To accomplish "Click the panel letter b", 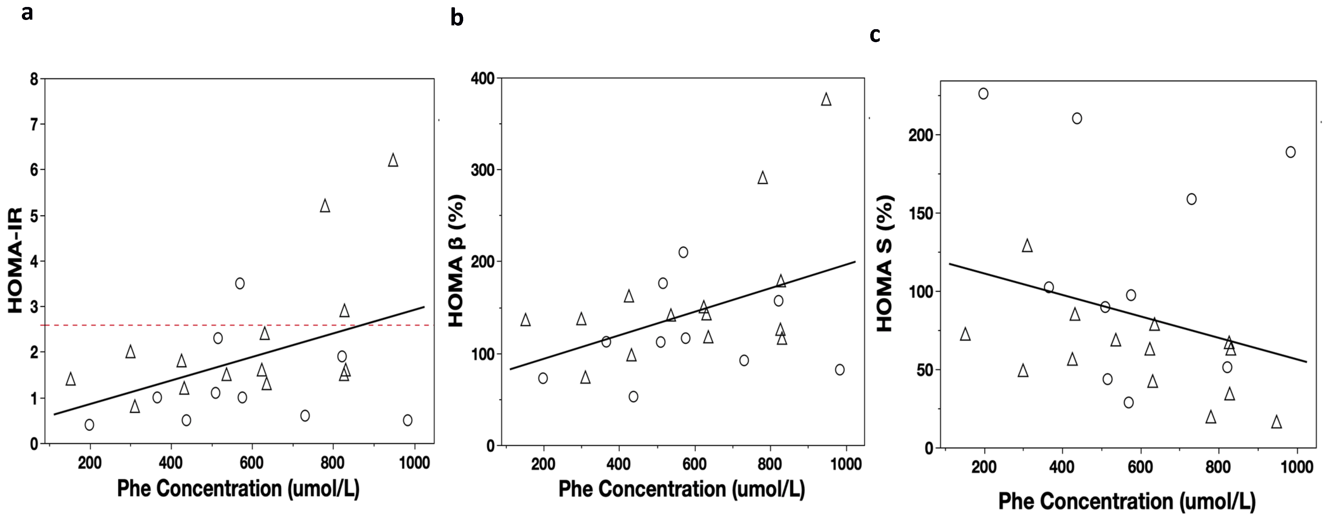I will coord(457,18).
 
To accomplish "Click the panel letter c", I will coord(875,35).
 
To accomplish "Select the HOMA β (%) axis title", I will coord(456,261).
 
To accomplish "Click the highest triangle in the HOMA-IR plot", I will coord(393,160).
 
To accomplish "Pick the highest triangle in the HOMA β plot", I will coord(826,100).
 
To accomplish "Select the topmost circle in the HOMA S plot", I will coord(983,93).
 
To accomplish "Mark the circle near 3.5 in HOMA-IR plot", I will coord(239,283).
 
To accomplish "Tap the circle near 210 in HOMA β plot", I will coord(683,252).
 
